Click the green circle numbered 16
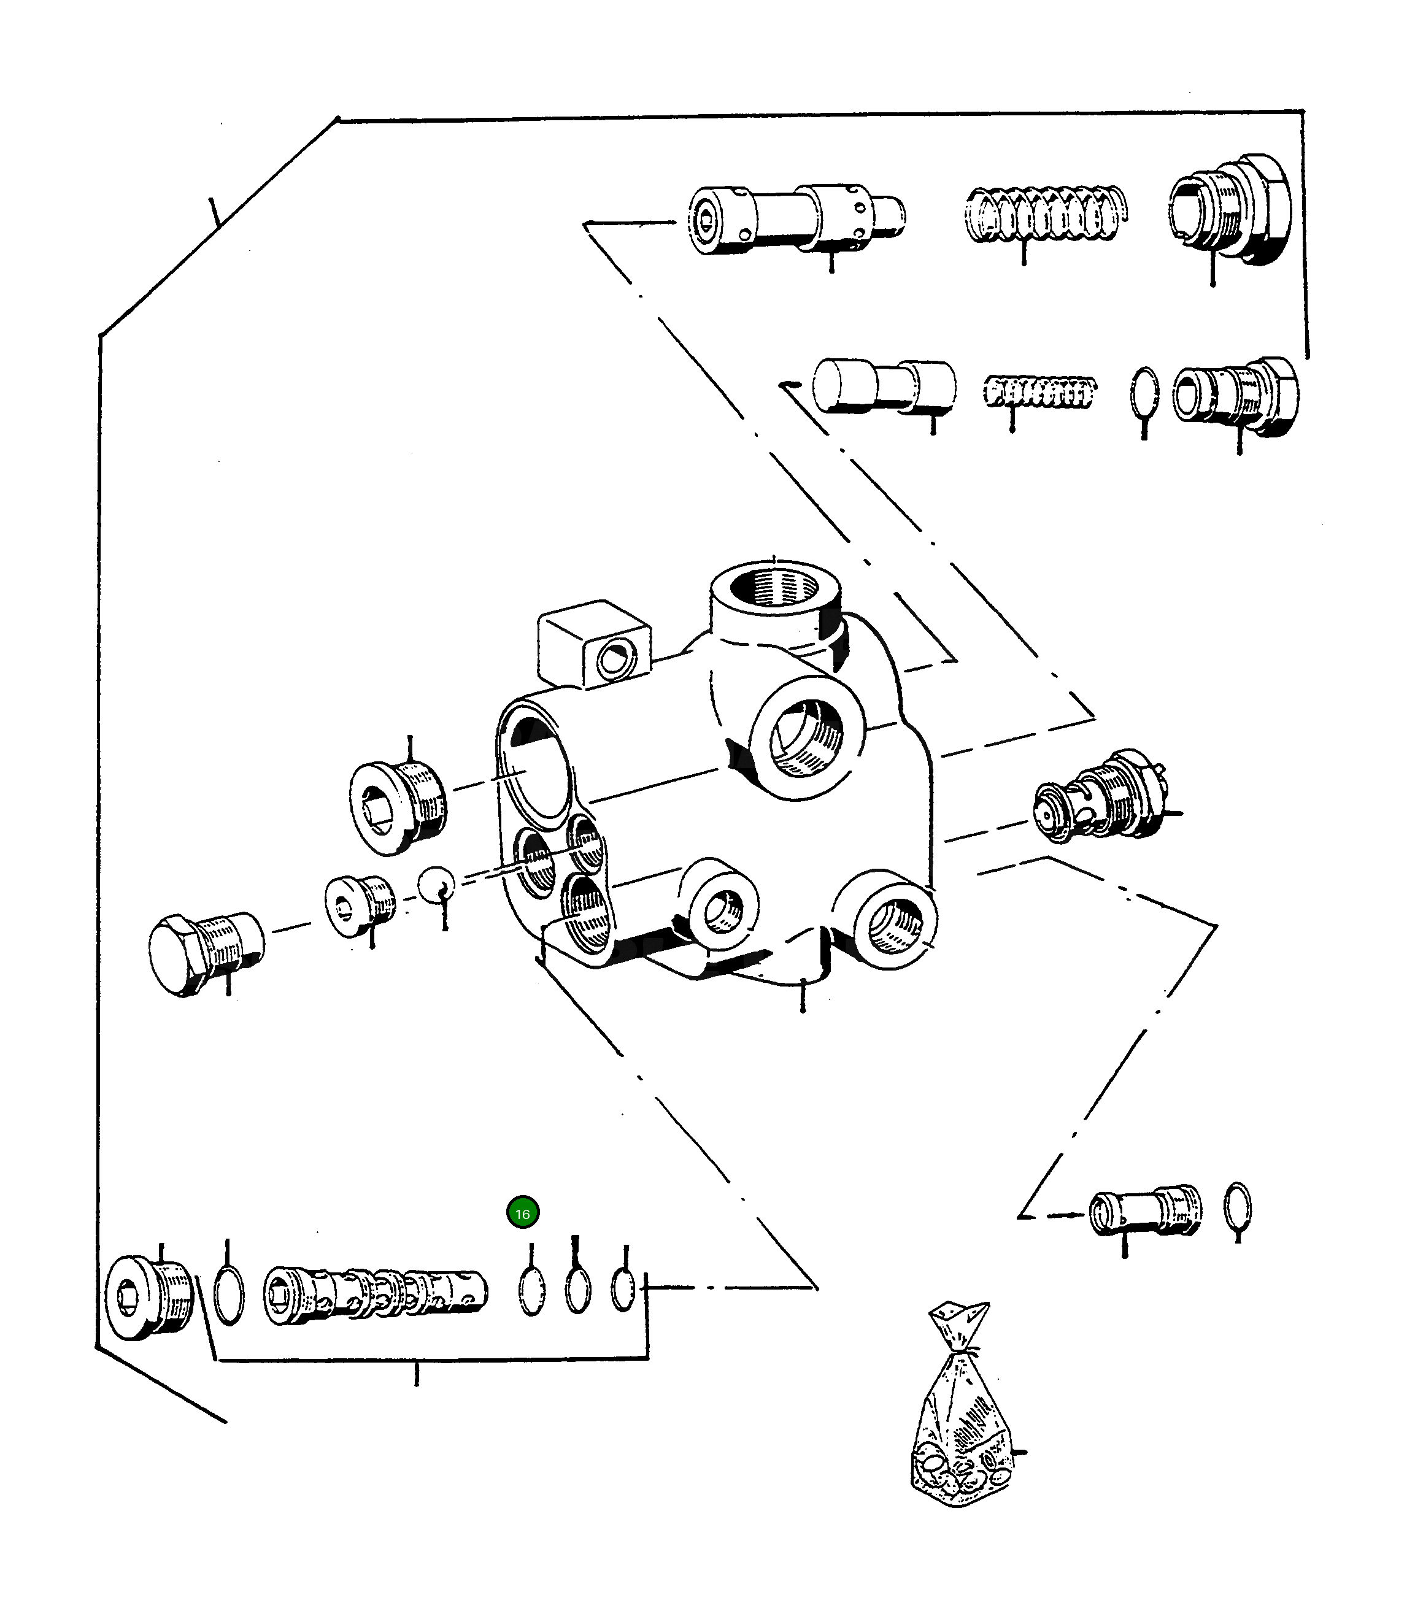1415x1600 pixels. [522, 1213]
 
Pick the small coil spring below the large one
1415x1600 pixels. [1038, 391]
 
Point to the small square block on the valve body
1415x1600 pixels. [593, 644]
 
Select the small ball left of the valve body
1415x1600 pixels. [436, 885]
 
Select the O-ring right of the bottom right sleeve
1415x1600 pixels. [1237, 1209]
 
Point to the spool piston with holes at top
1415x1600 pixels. [795, 218]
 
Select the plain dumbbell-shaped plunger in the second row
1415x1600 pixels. [883, 385]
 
